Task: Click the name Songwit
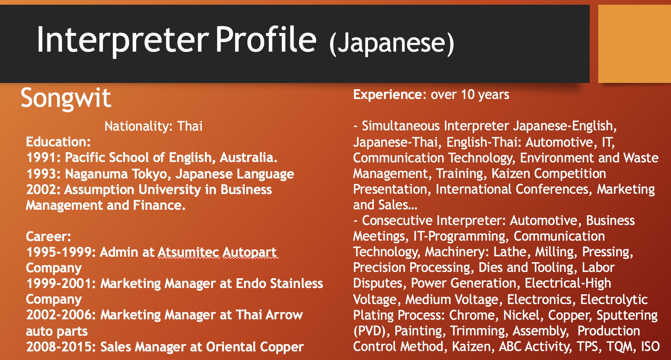pos(66,98)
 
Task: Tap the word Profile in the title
pos(266,40)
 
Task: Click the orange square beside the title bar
pos(635,43)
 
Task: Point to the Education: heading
pos(58,142)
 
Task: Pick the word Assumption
pos(99,190)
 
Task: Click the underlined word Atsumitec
pos(188,252)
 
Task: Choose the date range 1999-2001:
pos(61,284)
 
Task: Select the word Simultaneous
pos(401,126)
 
